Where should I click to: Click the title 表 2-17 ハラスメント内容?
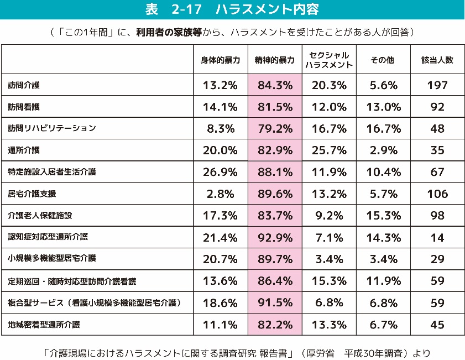232,10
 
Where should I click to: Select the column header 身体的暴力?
220,60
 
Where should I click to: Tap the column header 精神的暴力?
275,60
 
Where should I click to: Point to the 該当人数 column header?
437,60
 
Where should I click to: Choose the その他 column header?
382,60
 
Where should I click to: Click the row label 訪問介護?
24,85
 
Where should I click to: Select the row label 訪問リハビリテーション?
52,128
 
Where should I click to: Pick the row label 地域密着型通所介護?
44,324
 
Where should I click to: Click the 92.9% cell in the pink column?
275,237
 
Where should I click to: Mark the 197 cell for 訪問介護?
437,85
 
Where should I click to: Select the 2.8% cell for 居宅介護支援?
220,194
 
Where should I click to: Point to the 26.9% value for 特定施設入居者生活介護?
220,172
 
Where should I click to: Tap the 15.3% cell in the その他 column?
382,216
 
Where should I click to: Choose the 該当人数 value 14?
437,237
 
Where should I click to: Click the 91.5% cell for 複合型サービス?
275,302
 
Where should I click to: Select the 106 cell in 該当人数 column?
437,194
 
